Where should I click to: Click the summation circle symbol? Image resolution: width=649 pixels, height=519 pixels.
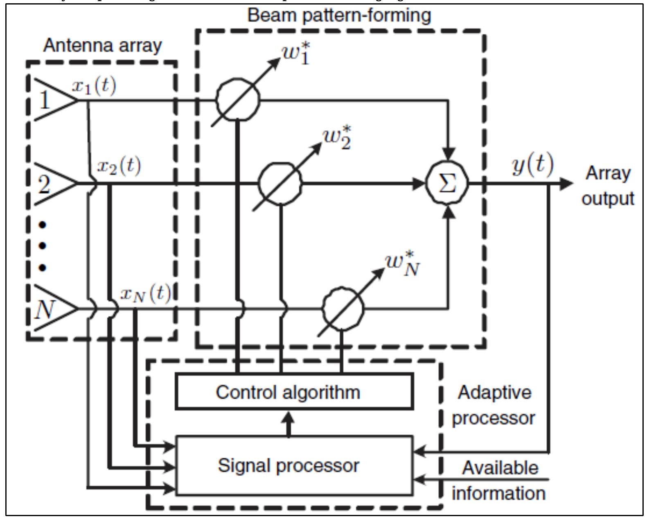click(447, 183)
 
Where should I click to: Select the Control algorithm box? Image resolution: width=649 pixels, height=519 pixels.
click(294, 391)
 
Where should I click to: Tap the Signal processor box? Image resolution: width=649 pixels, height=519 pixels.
click(294, 465)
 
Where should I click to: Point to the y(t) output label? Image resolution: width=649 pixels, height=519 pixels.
click(532, 164)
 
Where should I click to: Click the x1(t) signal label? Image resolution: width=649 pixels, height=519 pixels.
click(94, 86)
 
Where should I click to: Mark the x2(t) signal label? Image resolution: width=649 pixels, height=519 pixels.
click(119, 166)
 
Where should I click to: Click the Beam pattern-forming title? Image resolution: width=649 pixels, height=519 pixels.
click(339, 16)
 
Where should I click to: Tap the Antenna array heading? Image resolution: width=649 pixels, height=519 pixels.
click(102, 45)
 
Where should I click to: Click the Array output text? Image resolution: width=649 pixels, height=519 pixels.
click(608, 186)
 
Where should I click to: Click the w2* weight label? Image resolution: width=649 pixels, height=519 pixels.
click(337, 138)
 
